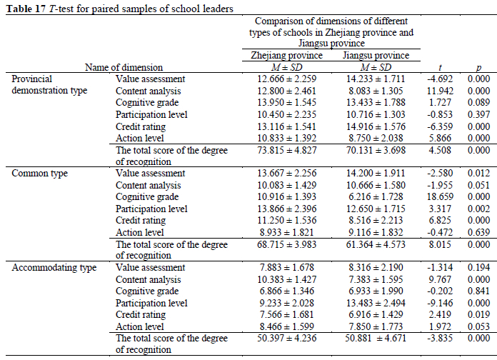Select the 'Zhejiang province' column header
click(286, 56)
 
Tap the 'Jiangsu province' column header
click(376, 56)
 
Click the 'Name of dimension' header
click(124, 67)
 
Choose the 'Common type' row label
click(40, 174)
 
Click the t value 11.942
click(435, 91)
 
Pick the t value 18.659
click(435, 196)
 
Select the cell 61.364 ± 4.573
click(376, 244)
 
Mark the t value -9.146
click(435, 302)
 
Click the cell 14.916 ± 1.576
click(376, 126)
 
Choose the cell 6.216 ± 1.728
click(376, 196)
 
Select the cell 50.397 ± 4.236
click(286, 338)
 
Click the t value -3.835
click(435, 338)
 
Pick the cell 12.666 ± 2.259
click(286, 79)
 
